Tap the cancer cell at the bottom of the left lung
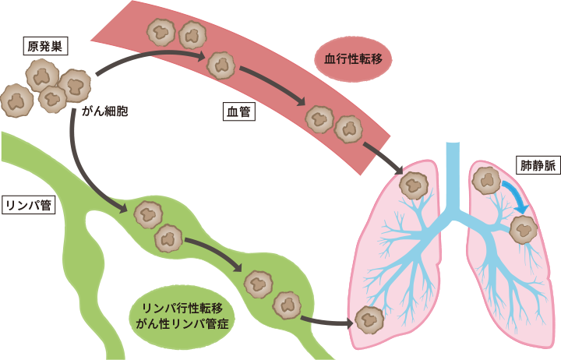tap(369, 319)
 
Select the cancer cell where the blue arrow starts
tap(488, 180)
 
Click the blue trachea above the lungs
tap(452, 171)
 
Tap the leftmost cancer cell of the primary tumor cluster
tap(16, 99)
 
